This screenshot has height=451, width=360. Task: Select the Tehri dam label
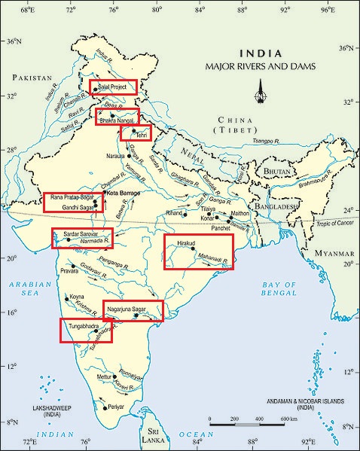pos(140,135)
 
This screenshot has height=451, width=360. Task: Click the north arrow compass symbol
pos(261,96)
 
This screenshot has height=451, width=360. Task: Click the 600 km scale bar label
pos(288,419)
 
